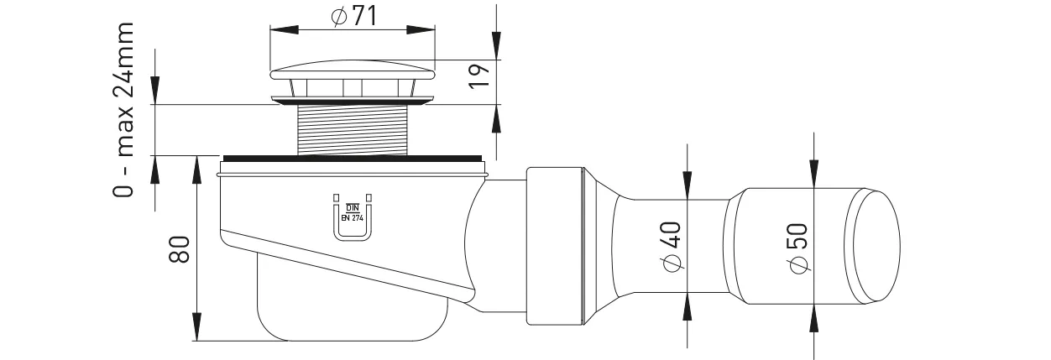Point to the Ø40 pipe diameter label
click(672, 247)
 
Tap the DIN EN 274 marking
click(351, 211)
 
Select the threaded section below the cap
click(353, 130)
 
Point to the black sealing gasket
click(353, 159)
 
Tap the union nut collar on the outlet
click(555, 245)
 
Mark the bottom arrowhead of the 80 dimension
click(196, 327)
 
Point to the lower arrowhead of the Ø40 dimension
click(688, 308)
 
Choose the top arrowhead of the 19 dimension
click(497, 46)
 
